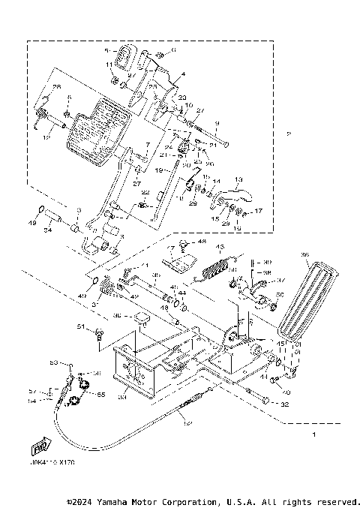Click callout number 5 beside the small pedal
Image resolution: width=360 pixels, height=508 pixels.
(106, 50)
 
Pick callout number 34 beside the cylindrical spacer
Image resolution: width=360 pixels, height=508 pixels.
(47, 231)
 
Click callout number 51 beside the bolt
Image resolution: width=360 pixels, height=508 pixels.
(80, 327)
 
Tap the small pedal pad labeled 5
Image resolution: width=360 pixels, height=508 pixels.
(122, 59)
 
